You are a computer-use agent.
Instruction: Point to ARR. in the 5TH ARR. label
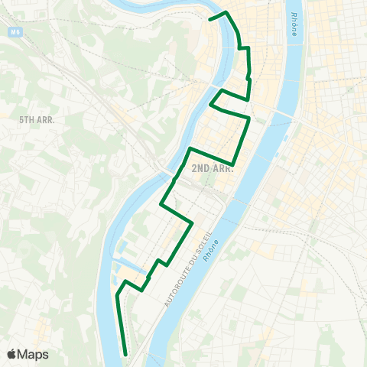pyautogui.click(x=46, y=119)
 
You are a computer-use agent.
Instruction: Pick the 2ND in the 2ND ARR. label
pyautogui.click(x=201, y=168)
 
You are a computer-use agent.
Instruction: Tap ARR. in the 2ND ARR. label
pyautogui.click(x=222, y=168)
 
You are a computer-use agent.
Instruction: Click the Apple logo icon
pyautogui.click(x=11, y=354)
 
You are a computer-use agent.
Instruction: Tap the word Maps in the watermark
pyautogui.click(x=32, y=354)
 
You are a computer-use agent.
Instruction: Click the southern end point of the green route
pyautogui.click(x=125, y=354)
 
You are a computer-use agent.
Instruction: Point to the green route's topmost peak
pyautogui.click(x=226, y=11)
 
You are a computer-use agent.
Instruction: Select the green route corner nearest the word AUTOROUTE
pyautogui.click(x=191, y=222)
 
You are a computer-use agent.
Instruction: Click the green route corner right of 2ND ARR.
pyautogui.click(x=233, y=163)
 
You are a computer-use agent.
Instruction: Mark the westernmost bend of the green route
pyautogui.click(x=116, y=294)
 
